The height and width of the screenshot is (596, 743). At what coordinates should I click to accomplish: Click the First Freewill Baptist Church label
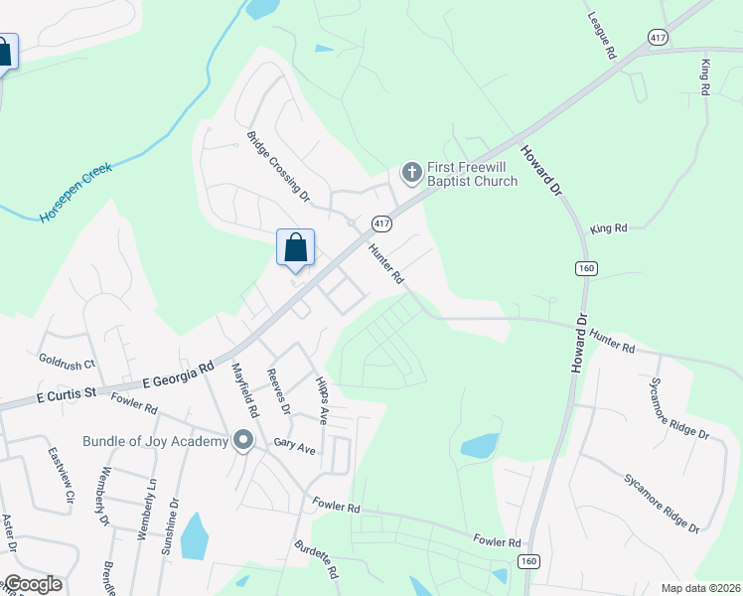(472, 174)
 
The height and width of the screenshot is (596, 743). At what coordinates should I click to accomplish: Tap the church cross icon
(411, 174)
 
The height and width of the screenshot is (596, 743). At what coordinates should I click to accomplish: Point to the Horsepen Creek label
(75, 192)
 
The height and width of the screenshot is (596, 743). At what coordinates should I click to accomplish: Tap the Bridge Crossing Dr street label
(278, 167)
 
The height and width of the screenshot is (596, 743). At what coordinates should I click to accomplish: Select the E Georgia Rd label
(179, 373)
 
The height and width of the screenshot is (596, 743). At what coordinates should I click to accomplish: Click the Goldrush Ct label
(66, 365)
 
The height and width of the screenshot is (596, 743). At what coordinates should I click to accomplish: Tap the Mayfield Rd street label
(244, 389)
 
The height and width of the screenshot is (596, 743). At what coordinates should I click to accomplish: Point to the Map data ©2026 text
(700, 588)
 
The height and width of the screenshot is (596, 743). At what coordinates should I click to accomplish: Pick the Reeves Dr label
(278, 391)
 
